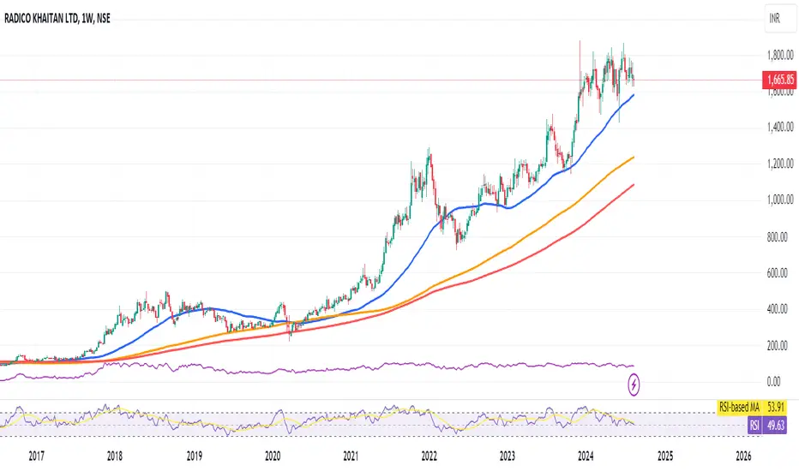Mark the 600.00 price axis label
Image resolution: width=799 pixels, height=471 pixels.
pos(778,272)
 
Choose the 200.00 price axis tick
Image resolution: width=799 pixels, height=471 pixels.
pos(778,345)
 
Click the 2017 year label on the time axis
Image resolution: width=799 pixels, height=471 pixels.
pos(37,455)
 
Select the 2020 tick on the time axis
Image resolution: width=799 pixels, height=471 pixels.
pos(273,455)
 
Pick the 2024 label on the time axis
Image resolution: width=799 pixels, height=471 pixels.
pos(587,455)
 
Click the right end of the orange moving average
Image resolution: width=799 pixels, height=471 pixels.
pos(634,158)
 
